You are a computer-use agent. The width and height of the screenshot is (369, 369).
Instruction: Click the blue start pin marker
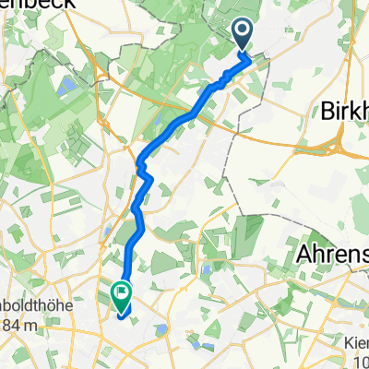point(244,35)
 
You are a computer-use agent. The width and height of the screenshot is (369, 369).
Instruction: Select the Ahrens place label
point(330,255)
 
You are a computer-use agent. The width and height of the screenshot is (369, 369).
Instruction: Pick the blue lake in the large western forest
point(66,86)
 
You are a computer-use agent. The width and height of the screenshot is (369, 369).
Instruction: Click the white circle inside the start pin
point(244,32)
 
